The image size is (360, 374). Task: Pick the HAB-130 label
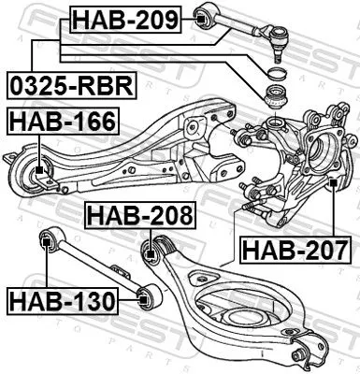pos(61,301)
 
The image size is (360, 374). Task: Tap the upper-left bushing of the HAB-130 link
pos(45,243)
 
